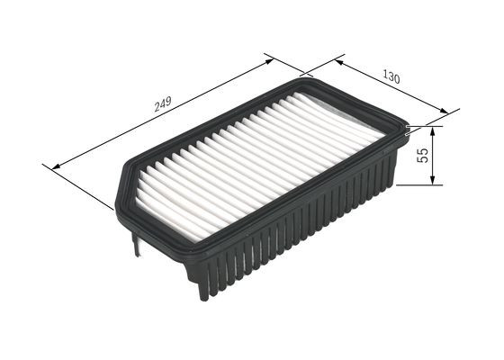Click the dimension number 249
coord(162,103)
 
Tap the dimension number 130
coord(391,77)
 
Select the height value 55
coord(422,155)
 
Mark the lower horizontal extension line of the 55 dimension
coord(418,185)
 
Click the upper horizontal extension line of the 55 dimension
coord(423,126)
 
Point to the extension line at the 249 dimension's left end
coord(76,184)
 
